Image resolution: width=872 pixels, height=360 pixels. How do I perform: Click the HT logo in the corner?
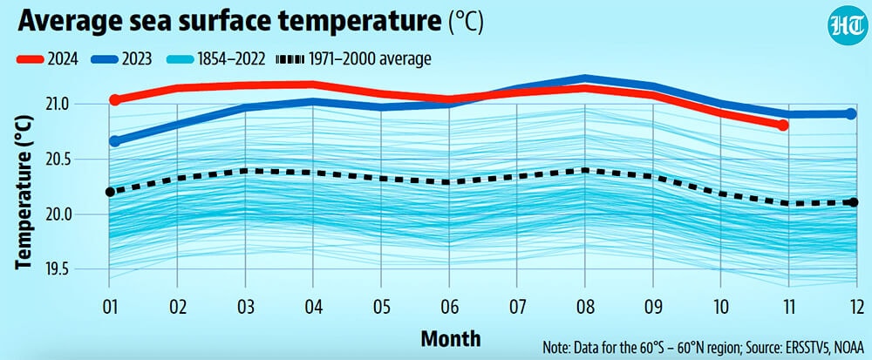pos(847,24)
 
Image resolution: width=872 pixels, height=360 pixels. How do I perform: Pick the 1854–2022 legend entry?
pos(216,58)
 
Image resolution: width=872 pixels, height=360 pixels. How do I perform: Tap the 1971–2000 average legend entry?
pos(353,58)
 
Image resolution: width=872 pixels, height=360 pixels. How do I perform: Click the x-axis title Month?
pos(451,338)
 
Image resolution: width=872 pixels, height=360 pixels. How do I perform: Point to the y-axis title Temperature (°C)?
pos(24,193)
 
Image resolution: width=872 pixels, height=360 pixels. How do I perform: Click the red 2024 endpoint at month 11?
pos(783,126)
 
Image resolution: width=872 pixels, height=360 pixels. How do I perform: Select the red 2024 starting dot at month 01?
pos(114,100)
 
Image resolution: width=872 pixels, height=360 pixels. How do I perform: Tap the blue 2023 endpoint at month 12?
pos(851,114)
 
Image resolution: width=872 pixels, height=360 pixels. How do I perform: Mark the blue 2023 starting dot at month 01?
pos(114,141)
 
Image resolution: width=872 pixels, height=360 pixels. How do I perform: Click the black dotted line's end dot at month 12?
pos(853,202)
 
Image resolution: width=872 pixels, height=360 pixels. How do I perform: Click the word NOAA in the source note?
pos(848,349)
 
